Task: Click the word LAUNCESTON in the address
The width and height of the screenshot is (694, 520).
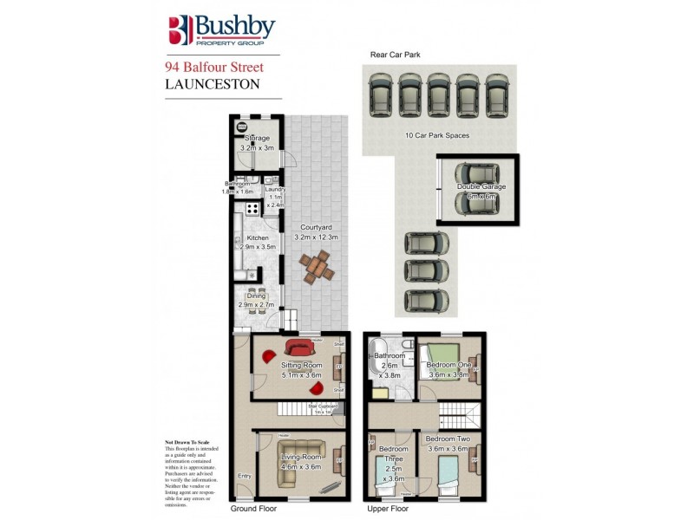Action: click(212, 84)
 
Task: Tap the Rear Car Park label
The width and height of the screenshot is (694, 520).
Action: click(396, 55)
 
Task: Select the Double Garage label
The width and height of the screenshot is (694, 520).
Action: click(481, 186)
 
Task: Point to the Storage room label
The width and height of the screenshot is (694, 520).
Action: click(257, 139)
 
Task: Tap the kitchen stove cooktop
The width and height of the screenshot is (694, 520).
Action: click(251, 208)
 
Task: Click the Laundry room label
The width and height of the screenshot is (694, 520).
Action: click(275, 190)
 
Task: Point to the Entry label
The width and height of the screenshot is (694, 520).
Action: click(244, 476)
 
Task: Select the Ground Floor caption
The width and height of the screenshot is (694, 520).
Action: click(255, 509)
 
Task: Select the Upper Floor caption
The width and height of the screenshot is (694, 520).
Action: click(387, 509)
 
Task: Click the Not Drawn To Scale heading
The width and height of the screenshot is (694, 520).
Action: click(187, 442)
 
